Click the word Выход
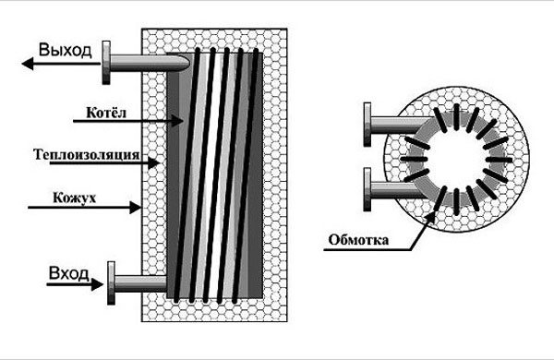[x=65, y=50]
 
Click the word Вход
[x=69, y=272]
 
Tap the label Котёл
[x=106, y=113]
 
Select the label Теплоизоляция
[x=87, y=155]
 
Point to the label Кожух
[x=75, y=198]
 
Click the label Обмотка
[x=358, y=240]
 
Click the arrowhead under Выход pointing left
[x=28, y=64]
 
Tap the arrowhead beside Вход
[x=97, y=284]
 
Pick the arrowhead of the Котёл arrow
[x=177, y=121]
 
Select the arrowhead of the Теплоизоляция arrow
[x=153, y=163]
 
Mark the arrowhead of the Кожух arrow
[x=136, y=208]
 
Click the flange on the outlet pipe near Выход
[x=106, y=63]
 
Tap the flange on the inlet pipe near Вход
[x=111, y=283]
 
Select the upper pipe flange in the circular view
[x=367, y=125]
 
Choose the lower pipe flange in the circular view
[x=367, y=189]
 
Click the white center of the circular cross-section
[x=456, y=160]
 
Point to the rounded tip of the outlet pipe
[x=185, y=63]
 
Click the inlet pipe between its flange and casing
[x=140, y=283]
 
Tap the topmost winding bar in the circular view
[x=456, y=114]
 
